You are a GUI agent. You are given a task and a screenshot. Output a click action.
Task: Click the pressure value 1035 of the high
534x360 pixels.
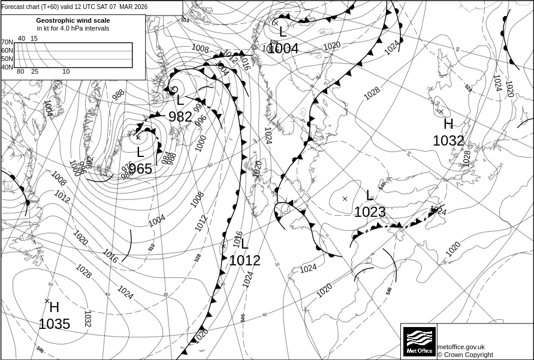[54, 324]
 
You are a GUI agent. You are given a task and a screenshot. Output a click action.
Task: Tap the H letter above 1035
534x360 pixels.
[54, 308]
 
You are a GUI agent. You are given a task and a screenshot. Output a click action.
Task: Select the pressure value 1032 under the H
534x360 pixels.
[448, 141]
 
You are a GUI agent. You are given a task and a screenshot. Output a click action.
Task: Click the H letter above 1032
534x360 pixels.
[448, 125]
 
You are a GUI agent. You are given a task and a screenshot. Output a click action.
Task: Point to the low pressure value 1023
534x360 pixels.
[370, 212]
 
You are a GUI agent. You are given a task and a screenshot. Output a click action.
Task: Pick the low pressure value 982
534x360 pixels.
[180, 117]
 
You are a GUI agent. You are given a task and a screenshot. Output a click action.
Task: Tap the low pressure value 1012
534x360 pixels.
[245, 261]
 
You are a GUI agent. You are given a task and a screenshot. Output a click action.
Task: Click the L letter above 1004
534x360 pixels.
[283, 32]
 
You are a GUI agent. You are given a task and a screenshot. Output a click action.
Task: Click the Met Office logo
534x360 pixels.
[418, 341]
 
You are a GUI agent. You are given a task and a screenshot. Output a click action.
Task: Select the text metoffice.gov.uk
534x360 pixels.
[461, 347]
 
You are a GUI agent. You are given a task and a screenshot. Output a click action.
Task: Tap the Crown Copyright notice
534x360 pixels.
[465, 355]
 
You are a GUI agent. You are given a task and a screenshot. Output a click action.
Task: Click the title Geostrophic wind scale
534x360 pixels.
[73, 20]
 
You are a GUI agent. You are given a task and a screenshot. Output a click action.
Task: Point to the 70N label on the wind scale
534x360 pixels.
[7, 42]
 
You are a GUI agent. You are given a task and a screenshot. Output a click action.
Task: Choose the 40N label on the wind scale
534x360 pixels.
[7, 67]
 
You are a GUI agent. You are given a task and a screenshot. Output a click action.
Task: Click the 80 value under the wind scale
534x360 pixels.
[20, 72]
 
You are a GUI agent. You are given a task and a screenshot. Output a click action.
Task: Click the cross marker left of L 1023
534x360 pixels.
[345, 198]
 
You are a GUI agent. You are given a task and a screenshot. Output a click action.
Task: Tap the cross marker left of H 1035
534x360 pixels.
[47, 301]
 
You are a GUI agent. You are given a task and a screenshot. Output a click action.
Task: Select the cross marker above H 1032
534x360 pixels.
[441, 111]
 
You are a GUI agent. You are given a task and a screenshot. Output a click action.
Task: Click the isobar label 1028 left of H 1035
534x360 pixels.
[83, 272]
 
